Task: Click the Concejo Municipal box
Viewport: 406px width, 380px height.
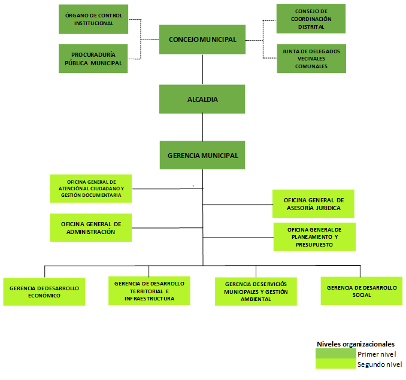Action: pos(202,39)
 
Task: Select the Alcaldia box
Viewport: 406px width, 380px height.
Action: pos(202,99)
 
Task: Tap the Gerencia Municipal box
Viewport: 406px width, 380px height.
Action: pos(202,156)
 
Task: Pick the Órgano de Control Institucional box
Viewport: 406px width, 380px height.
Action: pos(93,19)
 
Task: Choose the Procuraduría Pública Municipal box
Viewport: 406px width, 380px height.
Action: pos(93,59)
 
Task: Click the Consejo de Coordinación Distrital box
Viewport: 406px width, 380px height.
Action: pos(311,19)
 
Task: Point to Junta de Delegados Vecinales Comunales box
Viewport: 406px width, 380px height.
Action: pos(311,59)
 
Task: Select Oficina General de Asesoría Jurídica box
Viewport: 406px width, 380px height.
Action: pos(313,203)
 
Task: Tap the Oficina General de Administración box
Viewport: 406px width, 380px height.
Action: pos(90,227)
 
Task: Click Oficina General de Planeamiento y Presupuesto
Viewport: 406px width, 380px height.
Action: pos(314,237)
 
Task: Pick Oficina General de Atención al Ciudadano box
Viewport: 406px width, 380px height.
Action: pos(90,187)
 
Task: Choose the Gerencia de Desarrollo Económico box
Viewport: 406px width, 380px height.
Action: pos(44,291)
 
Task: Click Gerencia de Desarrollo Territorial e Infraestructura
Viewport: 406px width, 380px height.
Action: pos(149,290)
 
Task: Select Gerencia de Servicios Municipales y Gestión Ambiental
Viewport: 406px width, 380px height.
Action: pos(256,291)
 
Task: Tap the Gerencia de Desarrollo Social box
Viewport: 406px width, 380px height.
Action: pos(361,291)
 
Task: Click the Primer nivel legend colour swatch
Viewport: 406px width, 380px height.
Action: pos(335,354)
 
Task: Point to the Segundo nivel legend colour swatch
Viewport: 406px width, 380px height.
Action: pos(335,364)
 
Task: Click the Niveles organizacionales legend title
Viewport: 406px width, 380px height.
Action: pos(355,344)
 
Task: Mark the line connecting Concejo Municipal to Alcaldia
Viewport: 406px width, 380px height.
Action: pos(202,69)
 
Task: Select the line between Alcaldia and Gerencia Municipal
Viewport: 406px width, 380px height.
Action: pos(202,127)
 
